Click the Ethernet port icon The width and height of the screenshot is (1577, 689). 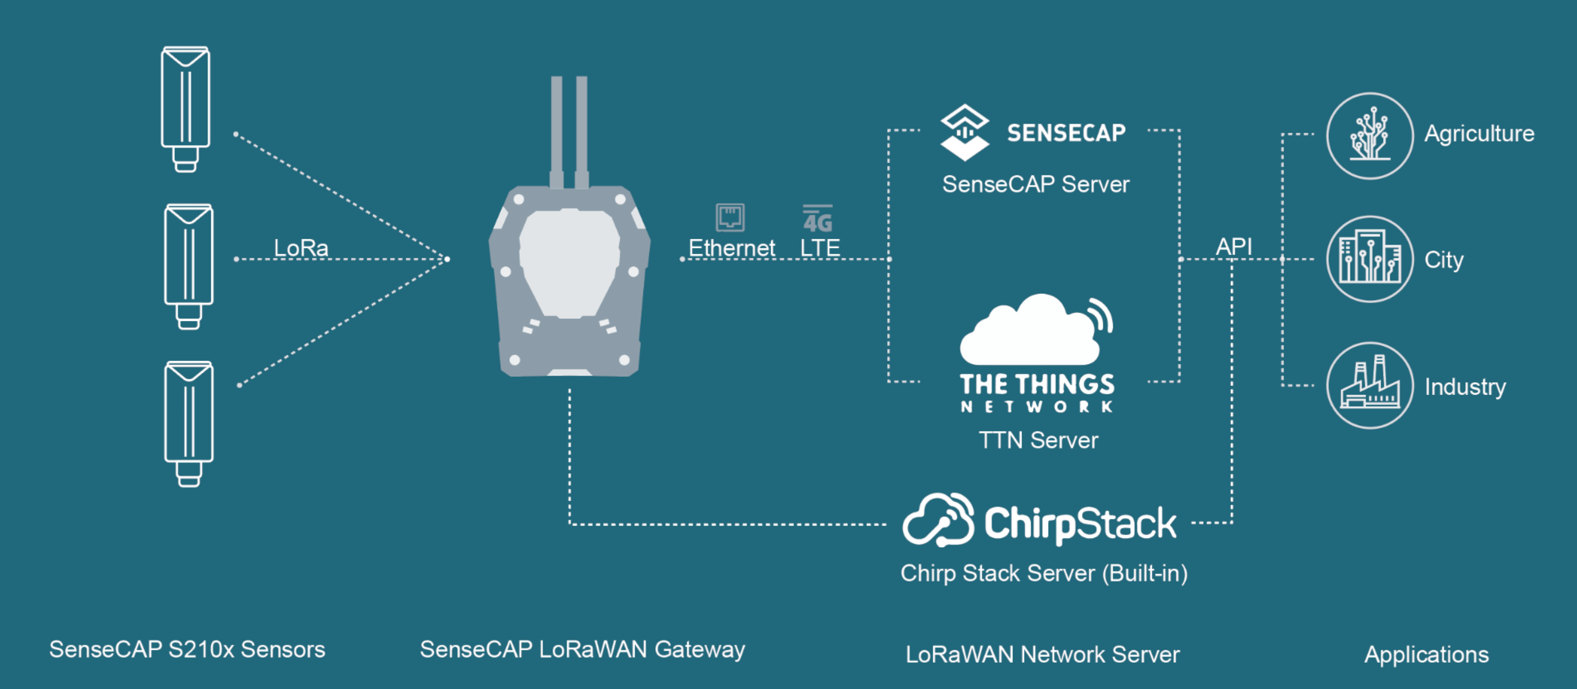[730, 217]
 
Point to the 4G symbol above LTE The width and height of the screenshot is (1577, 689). [818, 218]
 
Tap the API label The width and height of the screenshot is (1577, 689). [1233, 246]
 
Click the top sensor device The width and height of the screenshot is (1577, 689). [186, 109]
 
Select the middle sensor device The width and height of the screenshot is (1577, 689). [189, 267]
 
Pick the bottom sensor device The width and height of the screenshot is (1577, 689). [189, 424]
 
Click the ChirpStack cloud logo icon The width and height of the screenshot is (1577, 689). [938, 520]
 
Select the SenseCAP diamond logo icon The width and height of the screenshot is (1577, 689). [964, 132]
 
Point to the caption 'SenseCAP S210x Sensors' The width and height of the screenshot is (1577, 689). [187, 649]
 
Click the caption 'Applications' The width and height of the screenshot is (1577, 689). [1427, 655]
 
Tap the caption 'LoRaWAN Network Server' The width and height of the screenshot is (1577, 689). [1042, 654]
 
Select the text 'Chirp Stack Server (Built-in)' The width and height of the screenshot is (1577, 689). [1044, 573]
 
